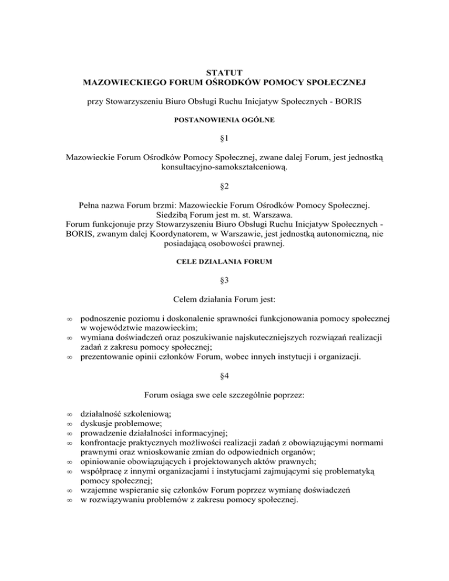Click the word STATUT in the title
[x=224, y=74]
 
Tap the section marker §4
[x=224, y=375]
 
